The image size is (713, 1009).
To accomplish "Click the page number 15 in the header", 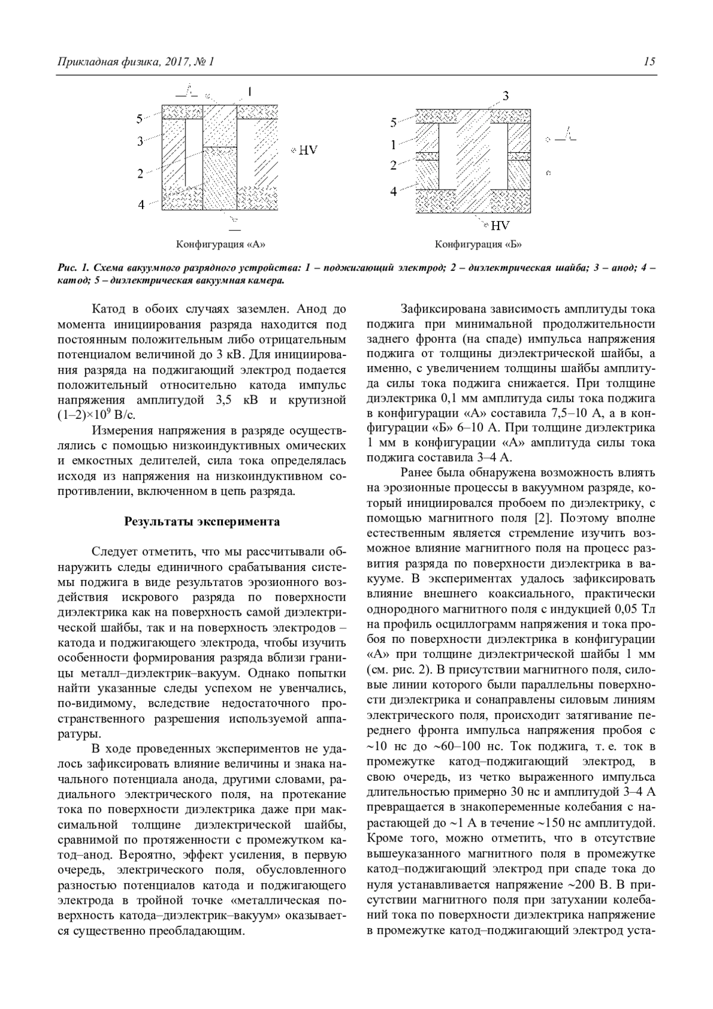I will click(x=649, y=62).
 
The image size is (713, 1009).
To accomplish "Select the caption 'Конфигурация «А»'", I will click(x=220, y=244).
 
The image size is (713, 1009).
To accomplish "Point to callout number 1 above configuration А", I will click(x=250, y=92).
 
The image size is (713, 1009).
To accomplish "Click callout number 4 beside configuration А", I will click(x=141, y=204).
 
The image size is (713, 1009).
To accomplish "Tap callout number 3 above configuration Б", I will click(x=505, y=96).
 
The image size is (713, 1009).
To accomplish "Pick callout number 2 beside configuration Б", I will click(x=393, y=166).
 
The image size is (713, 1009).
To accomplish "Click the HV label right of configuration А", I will click(x=307, y=150).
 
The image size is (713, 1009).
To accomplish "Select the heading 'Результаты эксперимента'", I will click(x=202, y=522).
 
